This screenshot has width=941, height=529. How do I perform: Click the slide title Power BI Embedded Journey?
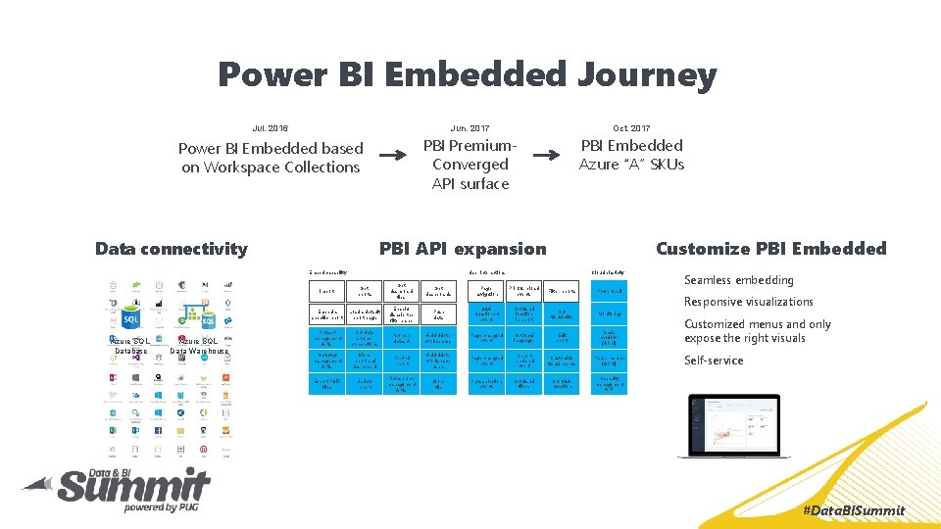click(x=468, y=74)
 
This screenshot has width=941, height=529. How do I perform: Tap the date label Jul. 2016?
click(x=271, y=128)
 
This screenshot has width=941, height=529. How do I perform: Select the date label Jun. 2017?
click(x=470, y=128)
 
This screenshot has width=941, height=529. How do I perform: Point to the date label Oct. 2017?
click(x=631, y=128)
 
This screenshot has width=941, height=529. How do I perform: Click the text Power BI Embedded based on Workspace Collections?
click(x=271, y=158)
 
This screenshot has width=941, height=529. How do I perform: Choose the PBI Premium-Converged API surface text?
click(x=470, y=165)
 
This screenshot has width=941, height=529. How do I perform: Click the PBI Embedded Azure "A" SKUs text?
click(x=631, y=155)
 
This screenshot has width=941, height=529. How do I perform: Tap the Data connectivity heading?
click(x=172, y=249)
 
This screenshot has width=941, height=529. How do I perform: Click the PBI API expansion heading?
click(x=463, y=249)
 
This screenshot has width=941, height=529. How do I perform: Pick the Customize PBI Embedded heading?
click(x=770, y=249)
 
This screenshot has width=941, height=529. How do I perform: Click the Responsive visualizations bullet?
click(x=748, y=302)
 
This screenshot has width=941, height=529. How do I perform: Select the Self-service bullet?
click(x=714, y=361)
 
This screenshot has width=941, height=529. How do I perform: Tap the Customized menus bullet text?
click(x=757, y=331)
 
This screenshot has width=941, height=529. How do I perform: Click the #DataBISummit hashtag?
click(x=853, y=510)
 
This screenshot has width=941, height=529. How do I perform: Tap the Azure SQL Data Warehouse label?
click(x=199, y=346)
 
